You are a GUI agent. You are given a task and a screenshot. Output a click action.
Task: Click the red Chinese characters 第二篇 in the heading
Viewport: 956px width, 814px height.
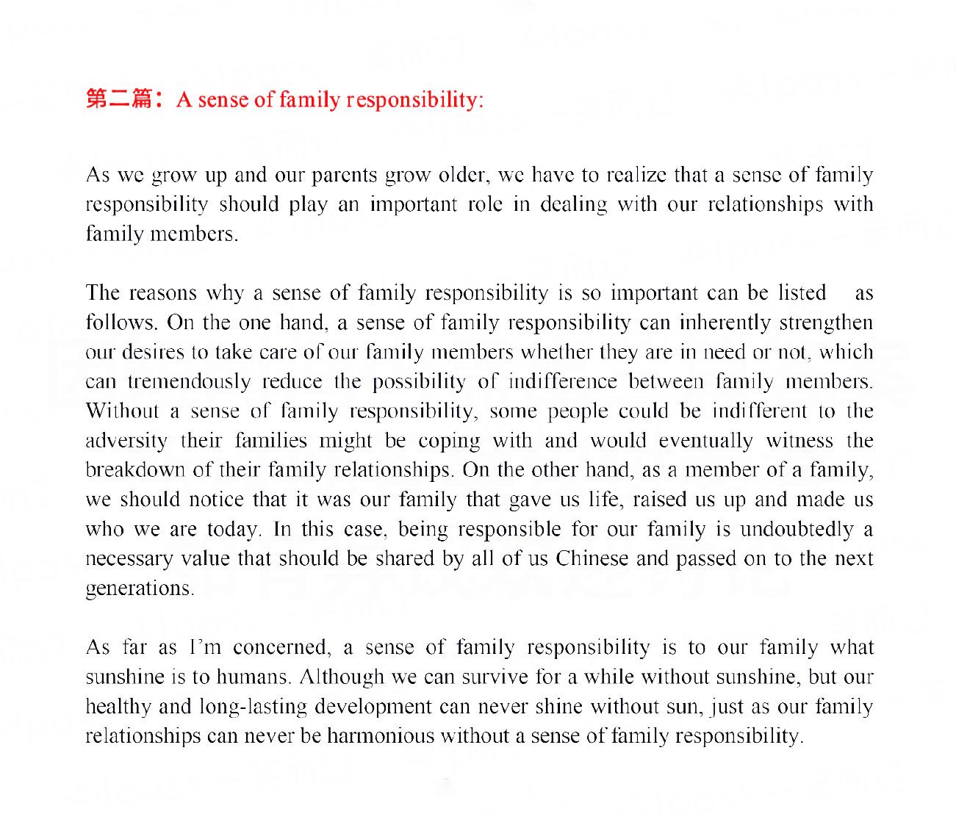[x=118, y=98]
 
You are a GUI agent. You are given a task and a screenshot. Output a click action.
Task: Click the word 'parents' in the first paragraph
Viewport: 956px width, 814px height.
[x=344, y=176]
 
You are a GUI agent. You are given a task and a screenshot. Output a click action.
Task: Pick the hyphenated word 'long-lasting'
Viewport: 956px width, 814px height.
[x=253, y=707]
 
